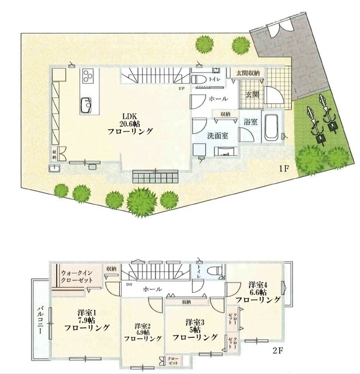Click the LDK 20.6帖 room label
point(130,123)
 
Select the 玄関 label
point(252,93)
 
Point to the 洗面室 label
point(216,136)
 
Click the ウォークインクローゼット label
point(79,275)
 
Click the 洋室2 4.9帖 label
point(143,332)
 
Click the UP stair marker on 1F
point(183,89)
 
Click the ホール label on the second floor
point(152,289)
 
